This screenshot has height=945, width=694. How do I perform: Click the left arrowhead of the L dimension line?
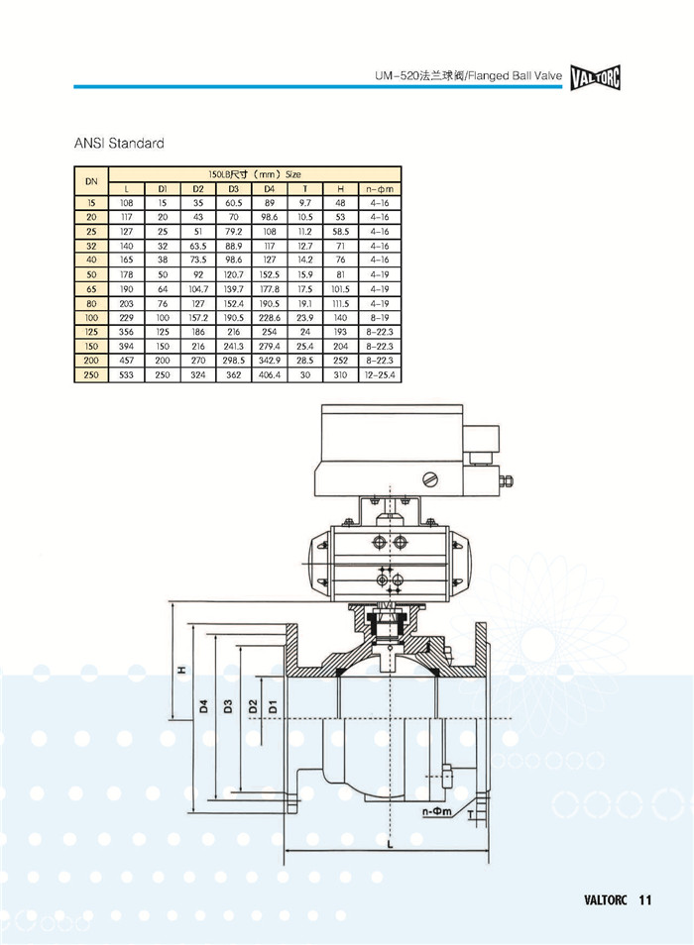(287, 850)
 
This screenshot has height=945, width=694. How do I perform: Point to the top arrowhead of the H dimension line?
(173, 605)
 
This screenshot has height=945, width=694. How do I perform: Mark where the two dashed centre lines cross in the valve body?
(391, 718)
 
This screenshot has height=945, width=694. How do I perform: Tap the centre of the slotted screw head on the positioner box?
(430, 479)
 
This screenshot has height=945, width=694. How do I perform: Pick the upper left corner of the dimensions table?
(74, 165)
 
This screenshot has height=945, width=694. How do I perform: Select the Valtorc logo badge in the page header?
(596, 77)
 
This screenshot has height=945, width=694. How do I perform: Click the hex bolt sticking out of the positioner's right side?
(507, 481)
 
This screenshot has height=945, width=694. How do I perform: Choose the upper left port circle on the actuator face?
(380, 541)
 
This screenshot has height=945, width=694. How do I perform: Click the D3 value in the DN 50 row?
(233, 274)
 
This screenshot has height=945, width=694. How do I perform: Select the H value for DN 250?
(340, 374)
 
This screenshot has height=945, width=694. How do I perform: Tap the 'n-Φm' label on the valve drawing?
(436, 811)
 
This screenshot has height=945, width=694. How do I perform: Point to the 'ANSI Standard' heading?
(119, 144)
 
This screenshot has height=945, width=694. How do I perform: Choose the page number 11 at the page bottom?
(644, 900)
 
